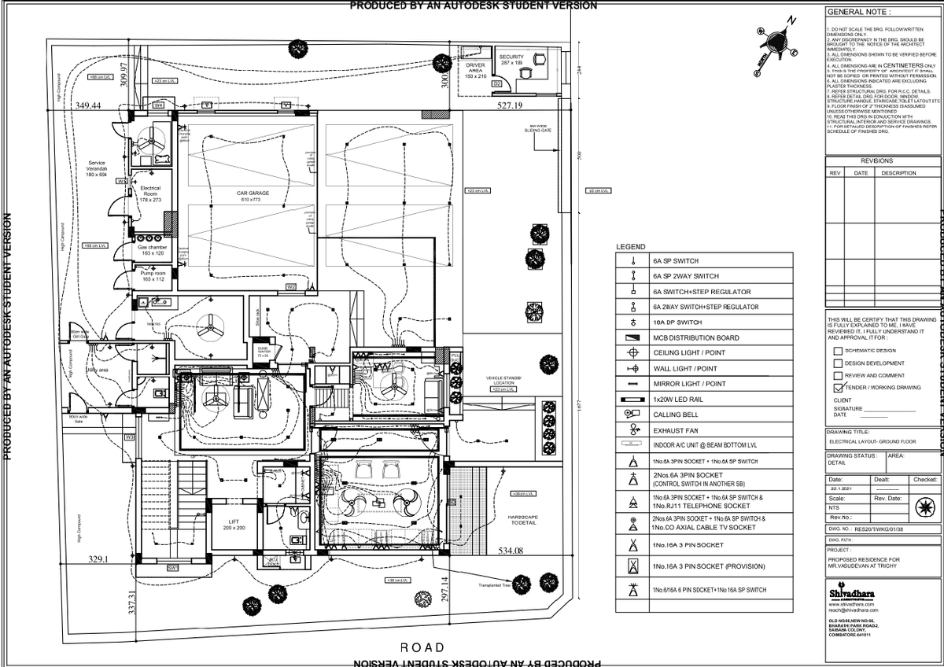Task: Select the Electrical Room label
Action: pos(149,193)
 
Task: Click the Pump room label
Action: pos(149,275)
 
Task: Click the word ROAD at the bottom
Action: pos(422,647)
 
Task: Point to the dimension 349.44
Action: pos(88,105)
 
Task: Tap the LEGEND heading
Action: pos(630,247)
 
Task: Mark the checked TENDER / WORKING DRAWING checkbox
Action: pos(837,388)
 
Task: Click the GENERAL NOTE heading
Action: pos(859,13)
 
